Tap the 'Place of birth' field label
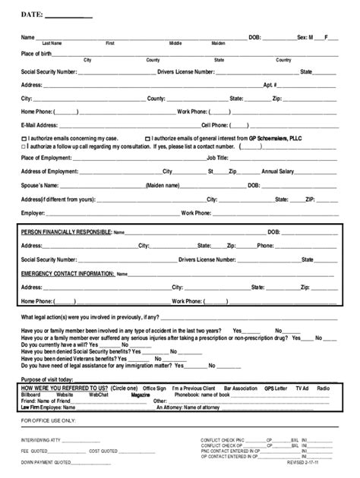click(39, 53)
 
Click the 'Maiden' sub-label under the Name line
click(219, 44)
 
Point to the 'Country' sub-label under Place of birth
click(283, 60)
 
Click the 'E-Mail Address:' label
click(39, 125)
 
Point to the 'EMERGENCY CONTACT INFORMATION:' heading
click(68, 272)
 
